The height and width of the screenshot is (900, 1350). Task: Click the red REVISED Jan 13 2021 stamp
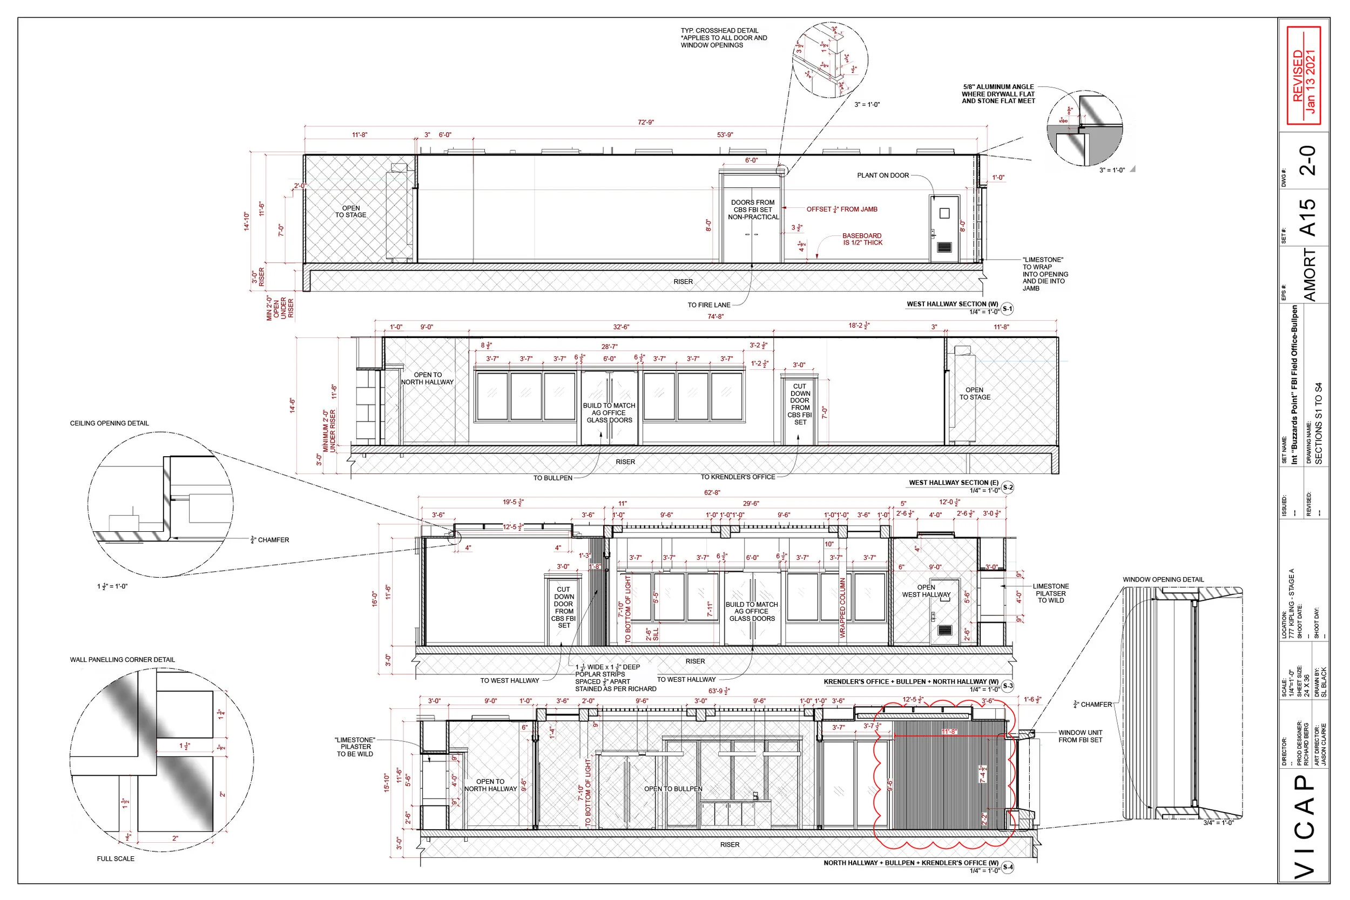1304,75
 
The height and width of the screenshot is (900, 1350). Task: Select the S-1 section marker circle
1007,309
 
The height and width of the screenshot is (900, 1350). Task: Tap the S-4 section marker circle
1007,867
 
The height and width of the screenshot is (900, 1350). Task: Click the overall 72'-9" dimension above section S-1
646,122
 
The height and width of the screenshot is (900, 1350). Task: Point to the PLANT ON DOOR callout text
883,175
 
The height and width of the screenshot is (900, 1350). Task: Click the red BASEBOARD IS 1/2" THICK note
862,239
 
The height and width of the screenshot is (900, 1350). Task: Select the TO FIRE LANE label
709,306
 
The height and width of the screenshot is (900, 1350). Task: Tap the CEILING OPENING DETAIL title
109,424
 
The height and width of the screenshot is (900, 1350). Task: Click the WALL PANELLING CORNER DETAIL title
122,660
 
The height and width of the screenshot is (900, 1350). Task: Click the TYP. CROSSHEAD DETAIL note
723,38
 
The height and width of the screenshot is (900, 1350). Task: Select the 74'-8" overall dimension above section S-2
715,316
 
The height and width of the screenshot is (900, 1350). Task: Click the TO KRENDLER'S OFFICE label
738,477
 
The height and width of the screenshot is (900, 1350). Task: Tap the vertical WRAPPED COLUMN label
842,607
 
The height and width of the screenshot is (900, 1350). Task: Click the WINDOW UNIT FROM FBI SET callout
1080,736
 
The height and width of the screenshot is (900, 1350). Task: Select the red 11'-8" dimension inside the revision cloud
950,732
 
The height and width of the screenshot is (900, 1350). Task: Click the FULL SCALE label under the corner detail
116,858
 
